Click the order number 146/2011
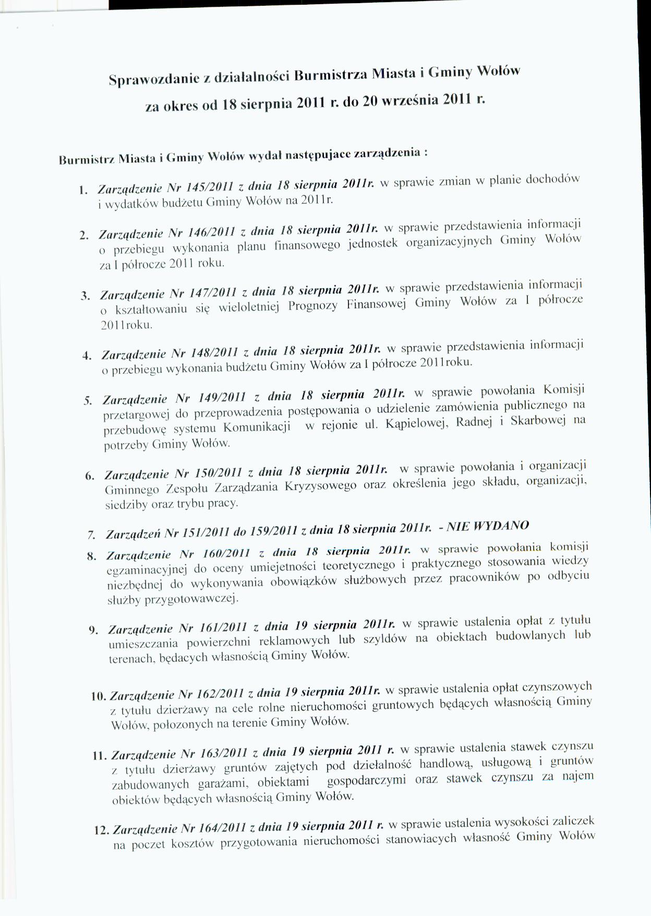(213, 231)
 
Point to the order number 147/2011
(214, 292)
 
